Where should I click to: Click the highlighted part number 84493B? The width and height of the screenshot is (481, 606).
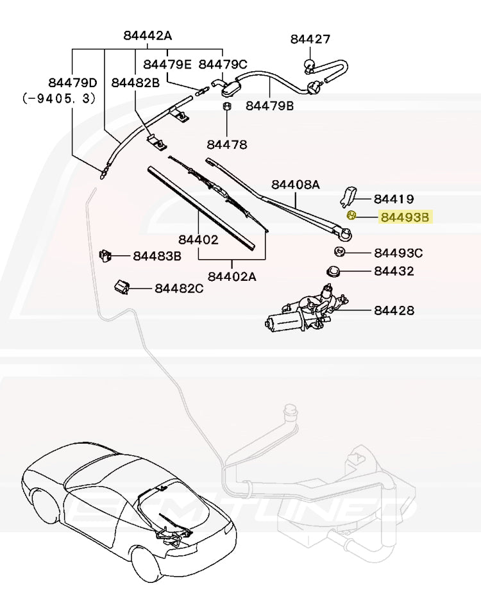point(405,217)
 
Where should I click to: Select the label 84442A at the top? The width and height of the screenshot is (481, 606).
point(148,36)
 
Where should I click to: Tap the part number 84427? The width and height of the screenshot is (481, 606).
point(310,39)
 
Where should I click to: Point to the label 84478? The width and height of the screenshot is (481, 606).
point(226,145)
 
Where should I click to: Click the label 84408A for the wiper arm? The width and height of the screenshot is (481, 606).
point(295,185)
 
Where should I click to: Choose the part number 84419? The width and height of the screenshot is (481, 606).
point(394,199)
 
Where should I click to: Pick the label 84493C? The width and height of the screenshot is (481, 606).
point(398,253)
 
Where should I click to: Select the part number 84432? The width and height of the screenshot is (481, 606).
point(394,271)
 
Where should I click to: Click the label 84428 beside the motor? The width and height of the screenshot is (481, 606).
point(394,311)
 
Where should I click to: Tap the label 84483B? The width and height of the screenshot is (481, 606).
point(157,257)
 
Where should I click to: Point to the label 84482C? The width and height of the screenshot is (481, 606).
point(179,289)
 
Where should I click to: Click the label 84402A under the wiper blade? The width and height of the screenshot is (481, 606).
point(232,276)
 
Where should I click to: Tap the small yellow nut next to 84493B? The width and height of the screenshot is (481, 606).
point(351,215)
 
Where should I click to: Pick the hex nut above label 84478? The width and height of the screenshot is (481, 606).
point(226,106)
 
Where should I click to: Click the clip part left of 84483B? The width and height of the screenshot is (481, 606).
point(105,256)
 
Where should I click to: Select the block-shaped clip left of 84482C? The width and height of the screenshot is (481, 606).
point(122,287)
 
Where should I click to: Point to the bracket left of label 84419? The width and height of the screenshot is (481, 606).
point(349,194)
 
